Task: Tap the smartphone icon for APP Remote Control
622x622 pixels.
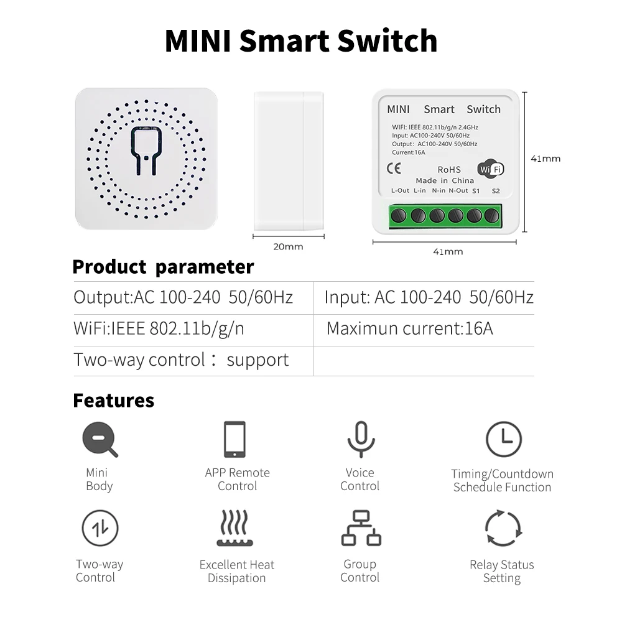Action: (x=235, y=439)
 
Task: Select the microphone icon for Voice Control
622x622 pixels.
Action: (x=360, y=439)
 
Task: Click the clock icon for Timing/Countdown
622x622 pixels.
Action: (x=503, y=439)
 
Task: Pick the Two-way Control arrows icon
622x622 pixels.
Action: (x=100, y=528)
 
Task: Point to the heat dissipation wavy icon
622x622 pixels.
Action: (x=234, y=528)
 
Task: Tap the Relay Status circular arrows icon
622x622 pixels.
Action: (x=502, y=529)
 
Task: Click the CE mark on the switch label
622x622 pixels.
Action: (x=394, y=168)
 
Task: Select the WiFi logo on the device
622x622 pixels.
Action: (x=490, y=169)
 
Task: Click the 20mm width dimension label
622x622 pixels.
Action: (x=289, y=247)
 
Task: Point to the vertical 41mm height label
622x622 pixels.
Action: (x=545, y=159)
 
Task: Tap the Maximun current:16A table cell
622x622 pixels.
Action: (x=410, y=328)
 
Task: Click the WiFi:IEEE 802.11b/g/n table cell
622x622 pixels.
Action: (x=159, y=328)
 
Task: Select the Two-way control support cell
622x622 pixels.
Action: (x=181, y=360)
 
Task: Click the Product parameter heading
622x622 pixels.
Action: (x=163, y=267)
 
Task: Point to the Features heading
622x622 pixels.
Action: (x=113, y=400)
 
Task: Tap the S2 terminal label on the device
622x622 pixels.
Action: (x=496, y=191)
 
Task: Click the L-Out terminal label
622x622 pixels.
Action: (x=400, y=191)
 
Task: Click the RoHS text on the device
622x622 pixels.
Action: (x=449, y=169)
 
